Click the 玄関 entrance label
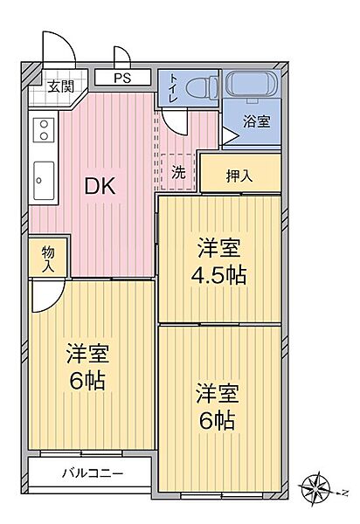pos(60,86)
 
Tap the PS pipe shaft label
pos(121,79)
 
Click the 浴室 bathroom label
pos(257,122)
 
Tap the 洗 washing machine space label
pos(178,172)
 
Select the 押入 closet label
pos(239,175)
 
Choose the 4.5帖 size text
pos(218,274)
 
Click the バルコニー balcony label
pos(92,474)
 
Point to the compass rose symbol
pos(316,483)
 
